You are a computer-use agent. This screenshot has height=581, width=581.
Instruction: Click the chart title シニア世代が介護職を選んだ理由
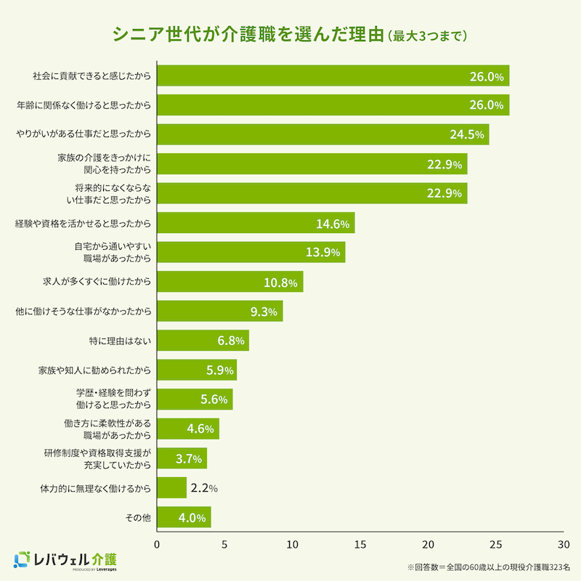point(247,35)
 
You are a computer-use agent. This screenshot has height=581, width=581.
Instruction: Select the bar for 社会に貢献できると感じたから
point(333,76)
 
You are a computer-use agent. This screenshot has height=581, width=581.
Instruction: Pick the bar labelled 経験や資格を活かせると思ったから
point(256,223)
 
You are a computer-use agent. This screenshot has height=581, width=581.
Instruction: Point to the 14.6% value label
point(333,224)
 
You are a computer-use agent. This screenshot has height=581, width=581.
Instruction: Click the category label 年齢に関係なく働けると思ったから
point(84,105)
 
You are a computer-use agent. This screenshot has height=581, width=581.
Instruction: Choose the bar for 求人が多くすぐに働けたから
point(229,282)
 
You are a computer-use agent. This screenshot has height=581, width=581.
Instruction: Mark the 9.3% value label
point(264,312)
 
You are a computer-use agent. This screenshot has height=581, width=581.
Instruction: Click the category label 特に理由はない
point(118,341)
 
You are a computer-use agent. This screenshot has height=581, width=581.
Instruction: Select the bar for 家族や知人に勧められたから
point(197,370)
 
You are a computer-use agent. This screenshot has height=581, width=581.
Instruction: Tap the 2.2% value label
point(204,488)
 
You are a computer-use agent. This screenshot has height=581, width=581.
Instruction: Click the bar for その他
point(184,518)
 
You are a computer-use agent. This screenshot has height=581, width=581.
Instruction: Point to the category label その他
point(138,518)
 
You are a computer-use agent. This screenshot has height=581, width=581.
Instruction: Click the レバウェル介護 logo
point(65,559)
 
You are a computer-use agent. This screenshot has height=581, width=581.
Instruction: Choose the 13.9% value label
point(324,253)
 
